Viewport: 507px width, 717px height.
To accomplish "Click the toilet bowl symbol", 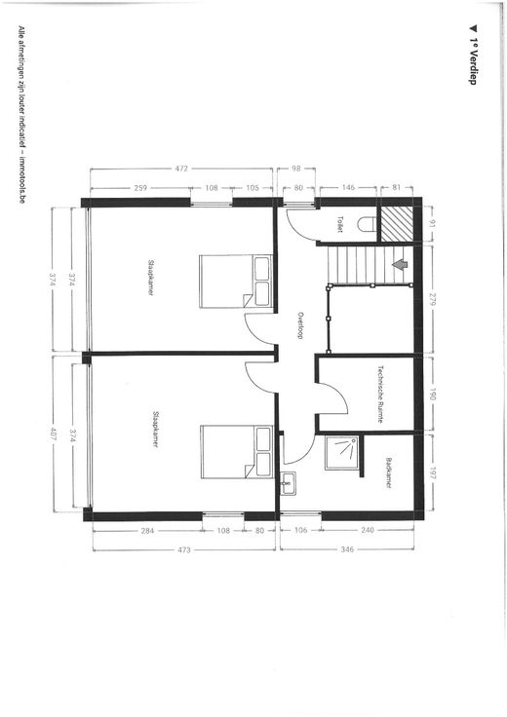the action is (367, 224).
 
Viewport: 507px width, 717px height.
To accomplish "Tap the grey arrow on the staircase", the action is (400, 265).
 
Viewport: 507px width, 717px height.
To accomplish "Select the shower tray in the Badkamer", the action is (343, 453).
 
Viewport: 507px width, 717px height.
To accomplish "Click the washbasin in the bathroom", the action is (289, 483).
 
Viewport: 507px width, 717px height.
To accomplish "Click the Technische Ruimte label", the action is (380, 394).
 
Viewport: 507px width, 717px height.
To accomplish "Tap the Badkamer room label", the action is (388, 472).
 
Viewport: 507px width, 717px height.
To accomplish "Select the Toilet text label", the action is (340, 224).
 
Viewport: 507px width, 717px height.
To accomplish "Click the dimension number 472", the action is (181, 169).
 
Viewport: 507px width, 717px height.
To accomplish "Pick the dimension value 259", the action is (141, 187).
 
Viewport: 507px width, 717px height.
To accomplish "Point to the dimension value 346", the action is (347, 549).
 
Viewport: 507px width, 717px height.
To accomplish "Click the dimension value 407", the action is (54, 434).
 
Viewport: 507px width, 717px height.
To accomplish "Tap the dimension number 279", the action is (433, 300).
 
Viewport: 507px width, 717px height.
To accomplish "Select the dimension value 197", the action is (433, 473).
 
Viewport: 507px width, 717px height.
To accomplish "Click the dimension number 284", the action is (147, 530).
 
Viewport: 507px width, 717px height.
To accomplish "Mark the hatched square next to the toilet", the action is (397, 224).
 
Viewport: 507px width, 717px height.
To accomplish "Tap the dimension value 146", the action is (348, 187).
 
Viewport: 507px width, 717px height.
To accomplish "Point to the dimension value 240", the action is (368, 530).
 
